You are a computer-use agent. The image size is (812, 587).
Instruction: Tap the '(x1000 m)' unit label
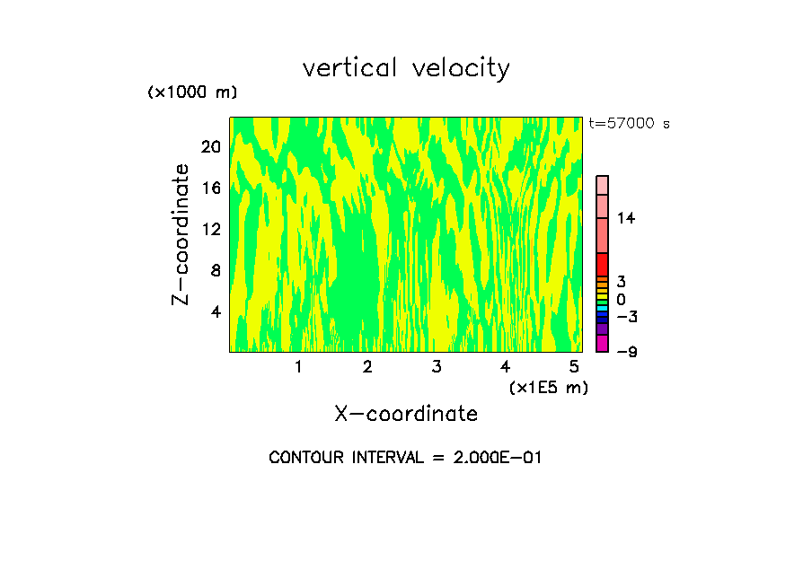click(192, 92)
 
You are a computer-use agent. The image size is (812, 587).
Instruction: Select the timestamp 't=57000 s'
click(629, 124)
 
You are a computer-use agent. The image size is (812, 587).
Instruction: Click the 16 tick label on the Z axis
click(211, 188)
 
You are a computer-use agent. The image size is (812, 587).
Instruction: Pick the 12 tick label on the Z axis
click(211, 229)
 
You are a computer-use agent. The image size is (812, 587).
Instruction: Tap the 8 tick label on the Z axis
click(216, 270)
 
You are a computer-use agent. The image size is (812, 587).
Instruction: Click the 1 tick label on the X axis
click(298, 366)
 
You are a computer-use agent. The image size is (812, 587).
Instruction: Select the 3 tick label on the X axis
click(436, 366)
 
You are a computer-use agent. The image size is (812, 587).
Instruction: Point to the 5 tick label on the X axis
click(574, 366)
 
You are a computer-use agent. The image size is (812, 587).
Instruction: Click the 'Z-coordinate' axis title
click(181, 234)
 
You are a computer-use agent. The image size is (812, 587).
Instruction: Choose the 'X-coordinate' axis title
click(406, 414)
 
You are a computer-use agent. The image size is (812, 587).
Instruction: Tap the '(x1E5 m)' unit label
click(549, 387)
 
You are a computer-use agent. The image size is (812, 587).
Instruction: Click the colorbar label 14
click(626, 218)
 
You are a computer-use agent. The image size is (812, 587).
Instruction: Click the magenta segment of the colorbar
click(602, 344)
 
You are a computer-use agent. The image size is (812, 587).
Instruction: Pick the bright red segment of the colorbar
click(602, 265)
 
